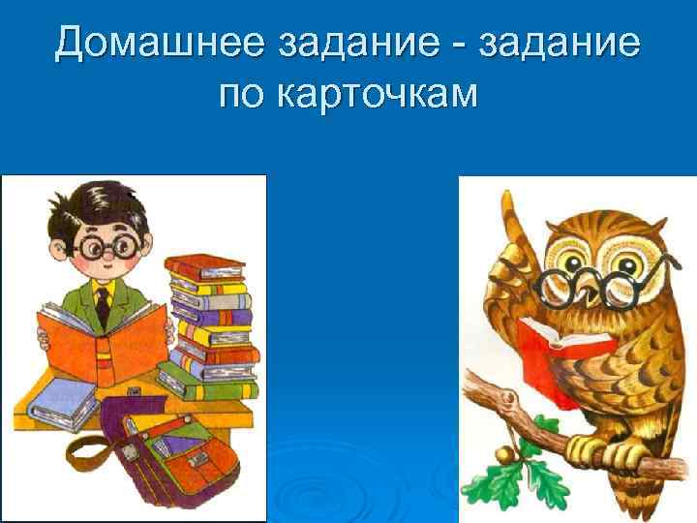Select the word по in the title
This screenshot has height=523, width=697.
coord(243,93)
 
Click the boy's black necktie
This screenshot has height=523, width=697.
coord(102,305)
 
